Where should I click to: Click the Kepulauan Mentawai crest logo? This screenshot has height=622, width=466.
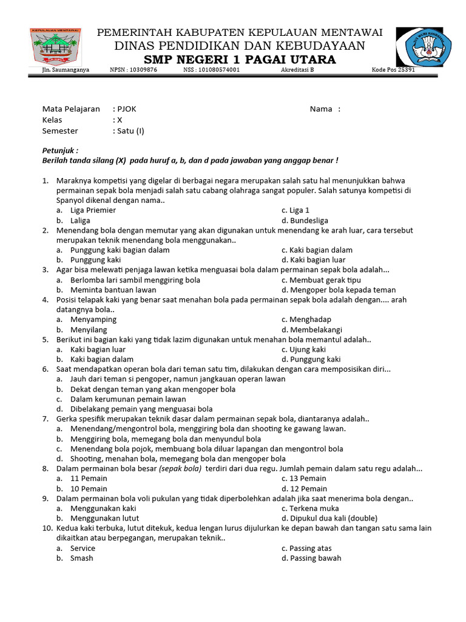point(57,47)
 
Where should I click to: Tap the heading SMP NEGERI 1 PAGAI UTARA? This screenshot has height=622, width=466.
point(239,60)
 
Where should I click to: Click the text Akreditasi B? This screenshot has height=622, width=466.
point(297,70)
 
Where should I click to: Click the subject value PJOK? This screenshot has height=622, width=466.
point(127,109)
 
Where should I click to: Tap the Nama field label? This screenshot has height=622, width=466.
point(321,109)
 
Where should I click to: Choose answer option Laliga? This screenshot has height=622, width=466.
point(80,220)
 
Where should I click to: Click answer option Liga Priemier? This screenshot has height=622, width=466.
point(93,210)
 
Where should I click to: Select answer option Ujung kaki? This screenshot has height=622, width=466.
point(308,349)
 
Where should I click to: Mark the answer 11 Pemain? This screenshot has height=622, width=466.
point(89,479)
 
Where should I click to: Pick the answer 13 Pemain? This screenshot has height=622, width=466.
point(308,479)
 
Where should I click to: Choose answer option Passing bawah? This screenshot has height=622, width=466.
point(316,558)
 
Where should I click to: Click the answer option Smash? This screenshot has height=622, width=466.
point(81,558)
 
